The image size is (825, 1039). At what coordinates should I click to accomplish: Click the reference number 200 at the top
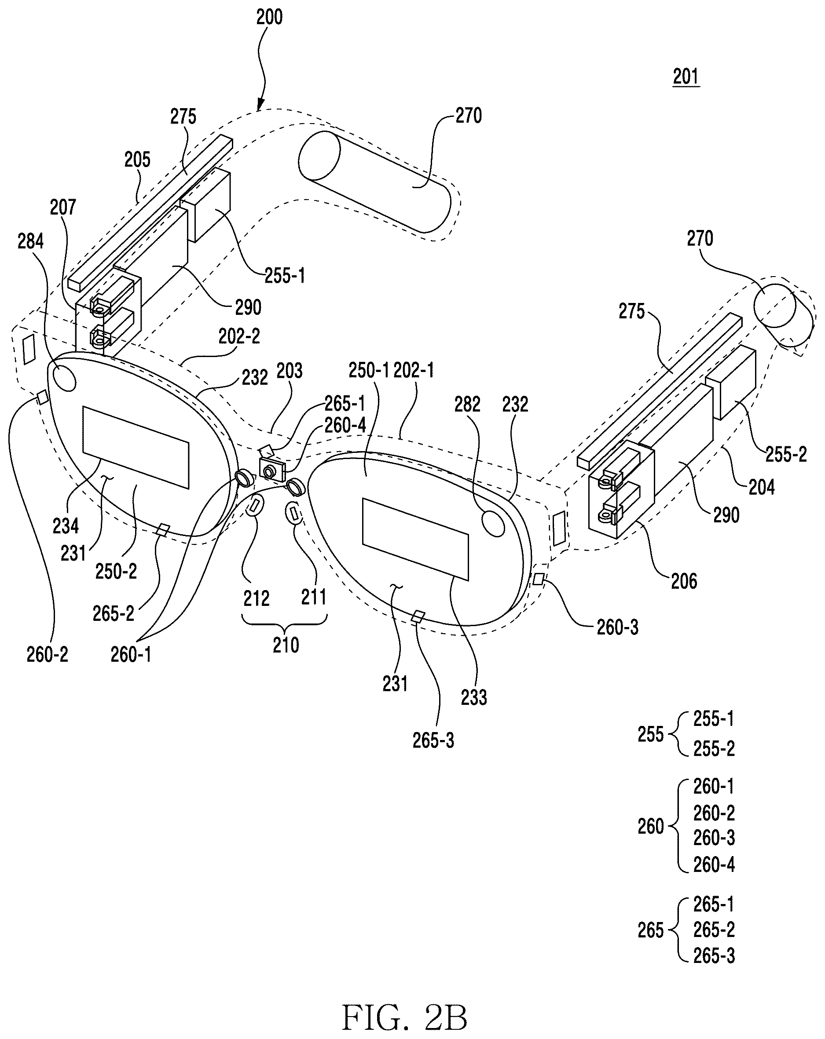[269, 17]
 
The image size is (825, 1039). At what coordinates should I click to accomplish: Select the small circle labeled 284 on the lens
[65, 378]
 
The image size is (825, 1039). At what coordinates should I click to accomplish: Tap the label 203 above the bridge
[290, 371]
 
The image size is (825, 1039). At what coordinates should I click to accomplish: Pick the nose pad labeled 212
[255, 506]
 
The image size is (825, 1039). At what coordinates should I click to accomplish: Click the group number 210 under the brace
[286, 645]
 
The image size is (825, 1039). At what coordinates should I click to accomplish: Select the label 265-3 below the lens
[433, 740]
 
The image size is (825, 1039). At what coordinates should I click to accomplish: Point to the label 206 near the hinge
[684, 581]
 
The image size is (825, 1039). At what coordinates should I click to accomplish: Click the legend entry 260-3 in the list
[714, 838]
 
